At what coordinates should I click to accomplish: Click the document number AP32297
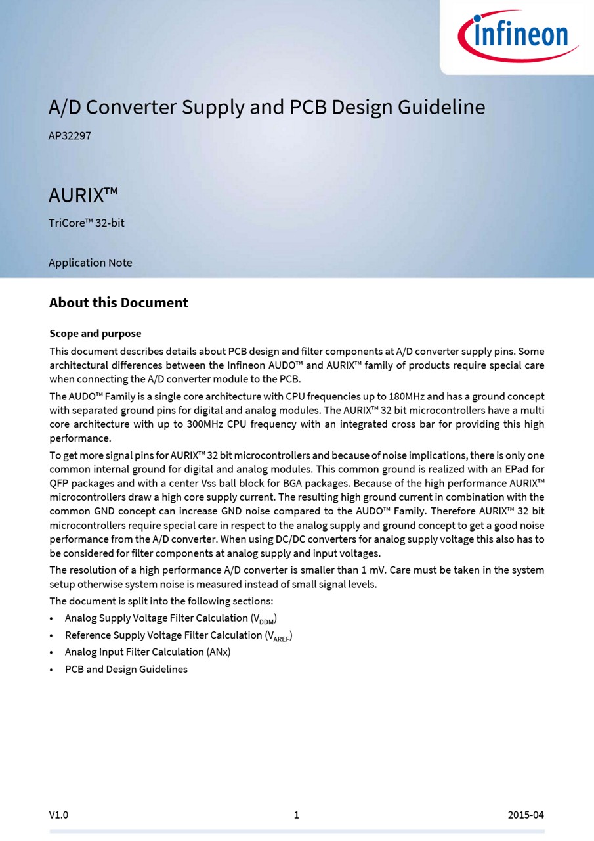pyautogui.click(x=70, y=136)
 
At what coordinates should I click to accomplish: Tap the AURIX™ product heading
pyautogui.click(x=83, y=195)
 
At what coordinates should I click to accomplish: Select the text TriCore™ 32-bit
pyautogui.click(x=86, y=223)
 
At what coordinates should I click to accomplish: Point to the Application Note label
pyautogui.click(x=90, y=263)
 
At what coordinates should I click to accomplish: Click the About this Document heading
pyautogui.click(x=118, y=303)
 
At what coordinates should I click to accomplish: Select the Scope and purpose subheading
pyautogui.click(x=95, y=334)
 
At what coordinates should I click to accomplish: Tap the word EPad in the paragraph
pyautogui.click(x=519, y=469)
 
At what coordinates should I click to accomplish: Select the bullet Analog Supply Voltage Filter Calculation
pyautogui.click(x=171, y=618)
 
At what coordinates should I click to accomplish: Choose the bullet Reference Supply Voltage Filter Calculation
pyautogui.click(x=179, y=635)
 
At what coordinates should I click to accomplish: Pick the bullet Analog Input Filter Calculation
pyautogui.click(x=148, y=652)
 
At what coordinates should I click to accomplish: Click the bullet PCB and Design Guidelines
pyautogui.click(x=126, y=669)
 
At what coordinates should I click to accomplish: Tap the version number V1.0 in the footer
pyautogui.click(x=58, y=815)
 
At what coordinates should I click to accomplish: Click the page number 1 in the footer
pyautogui.click(x=297, y=815)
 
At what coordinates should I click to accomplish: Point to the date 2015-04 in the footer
pyautogui.click(x=526, y=815)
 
